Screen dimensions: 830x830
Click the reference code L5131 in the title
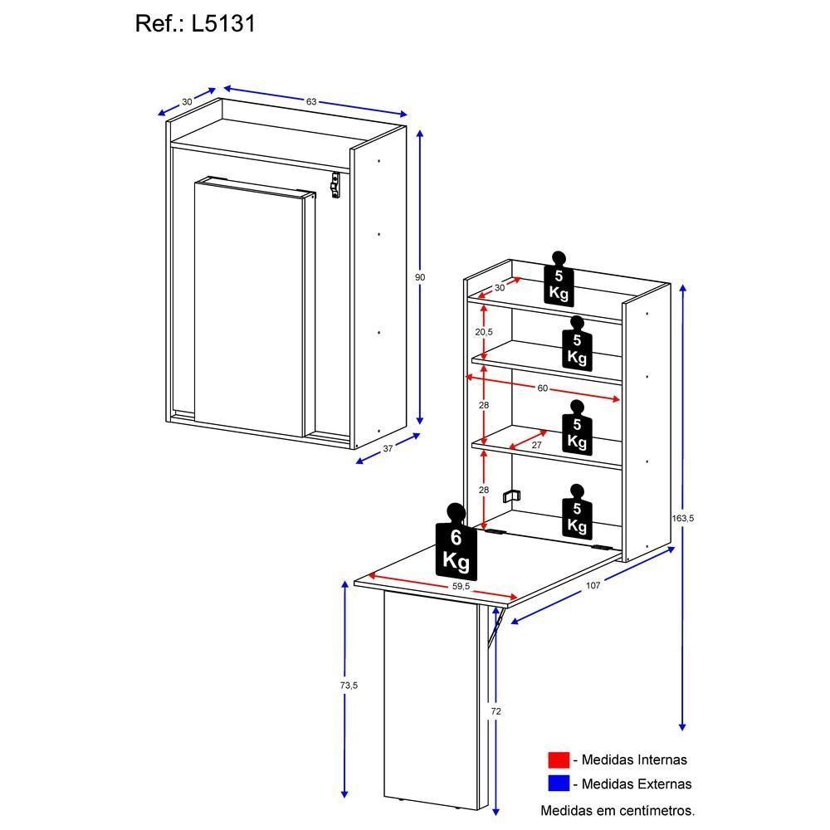coord(223,24)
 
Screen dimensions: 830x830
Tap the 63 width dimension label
coord(311,101)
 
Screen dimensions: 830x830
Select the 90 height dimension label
coord(420,277)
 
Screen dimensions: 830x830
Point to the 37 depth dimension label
coord(388,449)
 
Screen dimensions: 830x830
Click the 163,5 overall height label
coord(682,519)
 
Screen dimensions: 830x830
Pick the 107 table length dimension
coord(593,585)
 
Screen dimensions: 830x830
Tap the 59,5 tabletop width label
coord(461,586)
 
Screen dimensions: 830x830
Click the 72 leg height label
coord(496,711)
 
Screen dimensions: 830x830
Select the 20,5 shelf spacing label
coord(484,331)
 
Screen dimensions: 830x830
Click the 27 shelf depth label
coord(536,446)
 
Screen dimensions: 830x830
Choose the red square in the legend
coord(559,759)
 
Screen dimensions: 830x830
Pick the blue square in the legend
coord(559,784)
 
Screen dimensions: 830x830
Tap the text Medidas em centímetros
coord(618,809)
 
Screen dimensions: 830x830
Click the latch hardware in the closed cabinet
coord(335,184)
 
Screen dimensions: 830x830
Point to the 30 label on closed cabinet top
coord(187,101)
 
